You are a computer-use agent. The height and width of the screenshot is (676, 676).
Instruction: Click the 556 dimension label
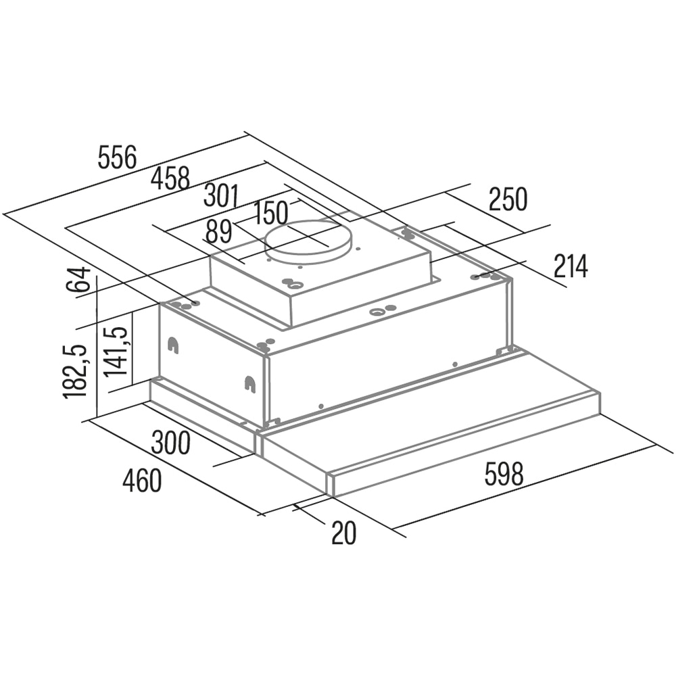117,157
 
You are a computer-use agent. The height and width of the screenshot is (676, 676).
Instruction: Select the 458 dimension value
170,179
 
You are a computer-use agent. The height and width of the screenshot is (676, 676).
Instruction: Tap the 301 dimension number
222,195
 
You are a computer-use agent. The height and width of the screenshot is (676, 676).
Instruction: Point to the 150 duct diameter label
271,213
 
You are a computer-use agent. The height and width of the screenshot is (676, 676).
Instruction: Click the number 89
218,232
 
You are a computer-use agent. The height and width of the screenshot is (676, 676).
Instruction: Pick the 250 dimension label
507,200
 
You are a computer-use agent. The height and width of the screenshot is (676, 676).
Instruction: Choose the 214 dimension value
571,267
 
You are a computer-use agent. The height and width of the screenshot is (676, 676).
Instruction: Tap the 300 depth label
170,443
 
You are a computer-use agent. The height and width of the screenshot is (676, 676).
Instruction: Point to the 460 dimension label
142,481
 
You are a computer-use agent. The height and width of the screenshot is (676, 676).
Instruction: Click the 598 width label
504,474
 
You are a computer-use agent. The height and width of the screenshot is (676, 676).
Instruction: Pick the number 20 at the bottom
343,533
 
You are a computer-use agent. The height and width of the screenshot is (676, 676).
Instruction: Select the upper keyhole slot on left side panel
173,345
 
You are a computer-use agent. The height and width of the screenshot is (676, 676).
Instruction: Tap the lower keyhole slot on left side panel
250,383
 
